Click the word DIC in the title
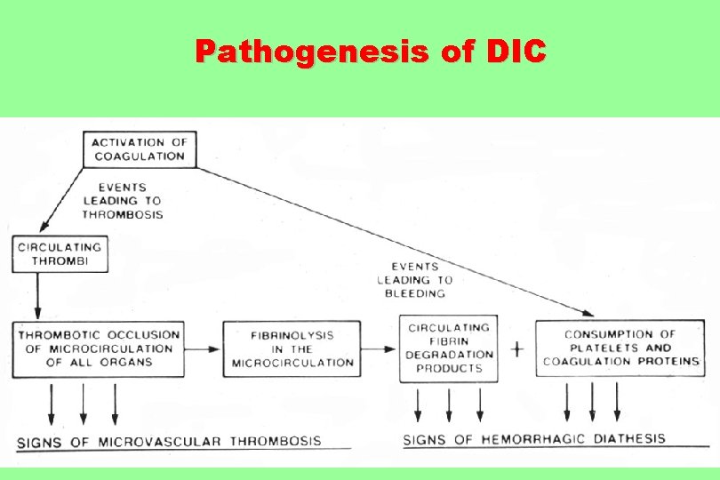[x=517, y=52]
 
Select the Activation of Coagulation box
[x=139, y=148]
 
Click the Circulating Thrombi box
[x=60, y=253]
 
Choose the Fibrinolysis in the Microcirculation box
[x=292, y=348]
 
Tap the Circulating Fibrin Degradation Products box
[x=448, y=348]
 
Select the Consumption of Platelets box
[x=620, y=348]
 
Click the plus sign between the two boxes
[x=516, y=348]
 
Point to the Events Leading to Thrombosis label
[x=123, y=201]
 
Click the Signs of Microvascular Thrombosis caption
[x=170, y=441]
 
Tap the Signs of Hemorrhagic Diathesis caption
[x=534, y=439]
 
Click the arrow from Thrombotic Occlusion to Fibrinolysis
[x=204, y=348]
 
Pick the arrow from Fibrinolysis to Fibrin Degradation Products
[x=380, y=348]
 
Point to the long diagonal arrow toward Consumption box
[x=391, y=239]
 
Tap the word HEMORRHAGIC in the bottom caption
[x=532, y=439]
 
